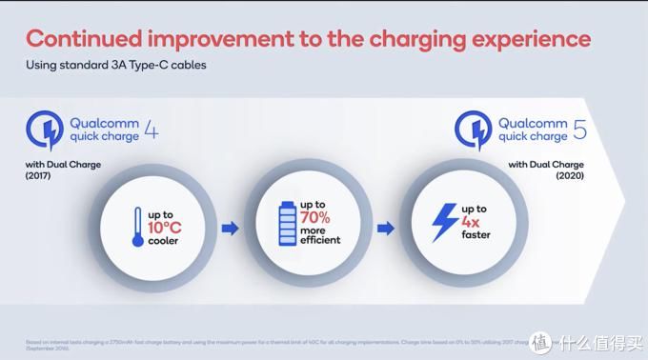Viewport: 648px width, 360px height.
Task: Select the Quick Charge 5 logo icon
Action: (x=474, y=129)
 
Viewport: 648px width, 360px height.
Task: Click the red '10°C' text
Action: (x=165, y=226)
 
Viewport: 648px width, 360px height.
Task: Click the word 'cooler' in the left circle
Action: (x=164, y=242)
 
